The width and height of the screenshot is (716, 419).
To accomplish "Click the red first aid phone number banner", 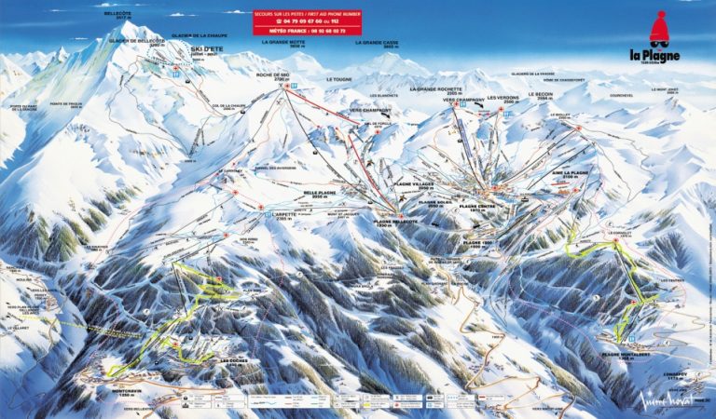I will click(308, 22).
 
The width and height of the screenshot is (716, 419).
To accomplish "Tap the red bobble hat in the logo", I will click(659, 29).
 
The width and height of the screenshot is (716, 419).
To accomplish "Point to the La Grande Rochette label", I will click(434, 91).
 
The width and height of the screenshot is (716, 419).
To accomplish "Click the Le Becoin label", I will click(542, 95).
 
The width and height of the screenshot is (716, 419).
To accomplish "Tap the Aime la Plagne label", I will click(571, 173).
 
